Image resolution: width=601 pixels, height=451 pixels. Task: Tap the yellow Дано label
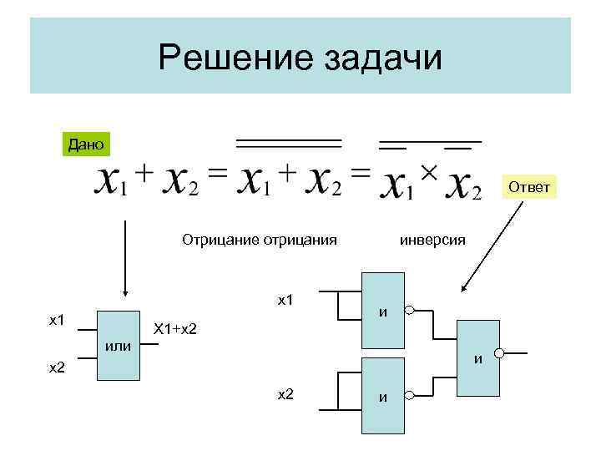pos(85,144)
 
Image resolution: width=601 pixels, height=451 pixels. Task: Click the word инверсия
pos(433,240)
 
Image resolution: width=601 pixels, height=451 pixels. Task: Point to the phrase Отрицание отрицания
pos(260,240)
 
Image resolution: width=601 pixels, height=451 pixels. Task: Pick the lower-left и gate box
pos(382,395)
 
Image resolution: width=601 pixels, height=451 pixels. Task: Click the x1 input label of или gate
pos(58,319)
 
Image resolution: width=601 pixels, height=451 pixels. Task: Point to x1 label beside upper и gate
pos(285,298)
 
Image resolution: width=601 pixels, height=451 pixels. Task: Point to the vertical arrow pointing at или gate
pos(125,259)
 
